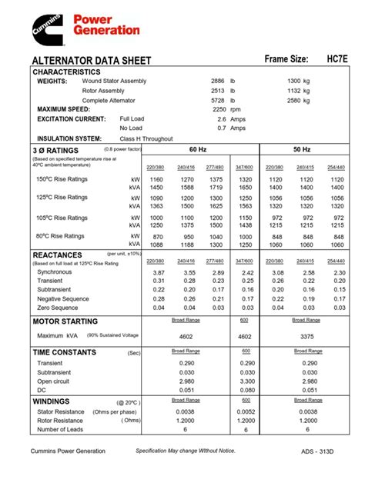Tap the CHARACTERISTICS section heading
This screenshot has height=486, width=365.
click(65, 72)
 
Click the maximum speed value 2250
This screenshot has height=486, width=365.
click(219, 109)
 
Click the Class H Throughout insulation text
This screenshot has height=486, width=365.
click(146, 138)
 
